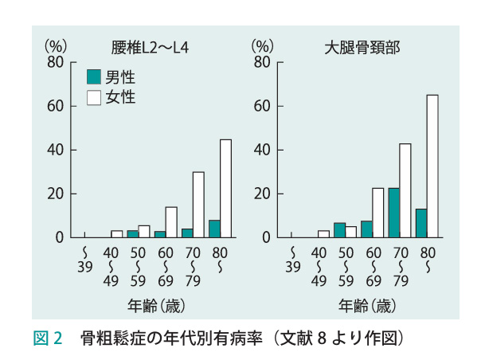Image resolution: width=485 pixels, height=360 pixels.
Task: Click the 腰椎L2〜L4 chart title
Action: pos(149,46)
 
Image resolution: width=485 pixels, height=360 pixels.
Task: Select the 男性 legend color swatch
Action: pos(93,77)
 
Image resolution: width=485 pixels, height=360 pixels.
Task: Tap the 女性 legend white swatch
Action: pos(93,97)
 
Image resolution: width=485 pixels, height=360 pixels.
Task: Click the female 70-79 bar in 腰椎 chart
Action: pos(198,205)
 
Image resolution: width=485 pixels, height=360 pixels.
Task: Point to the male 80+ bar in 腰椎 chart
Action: pos(214,229)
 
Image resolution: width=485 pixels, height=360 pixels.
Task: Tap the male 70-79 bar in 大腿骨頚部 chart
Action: pos(393,213)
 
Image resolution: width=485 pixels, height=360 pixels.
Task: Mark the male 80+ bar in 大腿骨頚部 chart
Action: pos(421,223)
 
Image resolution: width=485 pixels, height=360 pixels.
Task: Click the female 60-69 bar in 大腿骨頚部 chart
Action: pos(377,213)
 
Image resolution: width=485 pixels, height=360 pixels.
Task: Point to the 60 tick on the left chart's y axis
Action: pos(53,106)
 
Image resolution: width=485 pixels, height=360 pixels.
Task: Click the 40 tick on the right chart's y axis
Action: pos(262,150)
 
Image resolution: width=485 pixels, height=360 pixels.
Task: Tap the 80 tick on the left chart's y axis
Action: pos(53,62)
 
